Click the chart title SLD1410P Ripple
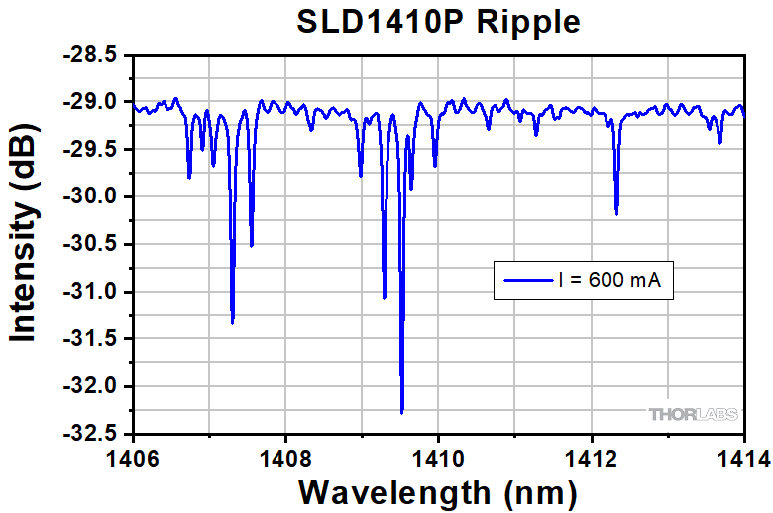(x=439, y=22)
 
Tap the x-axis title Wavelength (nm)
(x=438, y=491)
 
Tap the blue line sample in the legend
(x=526, y=281)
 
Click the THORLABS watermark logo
(x=693, y=414)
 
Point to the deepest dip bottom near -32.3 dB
(x=401, y=411)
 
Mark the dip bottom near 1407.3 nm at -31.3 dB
(x=232, y=322)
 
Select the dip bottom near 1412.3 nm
(x=616, y=212)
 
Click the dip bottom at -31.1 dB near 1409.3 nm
(x=385, y=297)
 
